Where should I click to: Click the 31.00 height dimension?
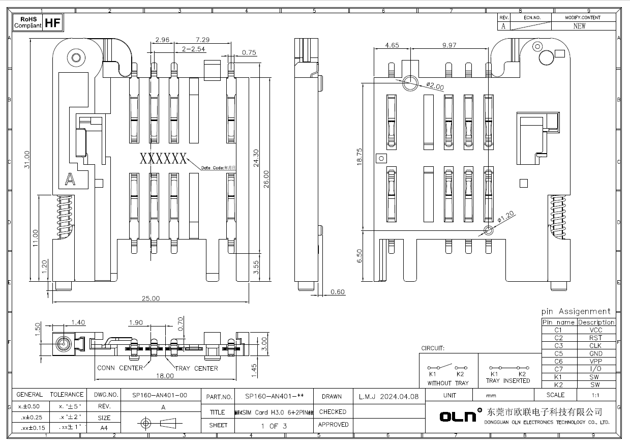tap(27, 160)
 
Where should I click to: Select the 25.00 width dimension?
tap(151, 299)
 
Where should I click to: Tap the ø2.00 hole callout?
tap(435, 86)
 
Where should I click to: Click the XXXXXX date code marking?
tap(163, 159)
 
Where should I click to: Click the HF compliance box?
tap(53, 23)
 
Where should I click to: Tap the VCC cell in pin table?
tap(595, 330)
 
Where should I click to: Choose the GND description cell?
tap(595, 353)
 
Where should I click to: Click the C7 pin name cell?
tap(558, 369)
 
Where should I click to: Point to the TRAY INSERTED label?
tap(507, 381)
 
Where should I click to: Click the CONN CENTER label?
tap(120, 368)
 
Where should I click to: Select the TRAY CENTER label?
tap(196, 368)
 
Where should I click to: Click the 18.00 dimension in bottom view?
tap(165, 376)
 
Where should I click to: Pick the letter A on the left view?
tap(70, 179)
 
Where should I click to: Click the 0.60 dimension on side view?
tap(338, 292)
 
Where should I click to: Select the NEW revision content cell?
tap(579, 26)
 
